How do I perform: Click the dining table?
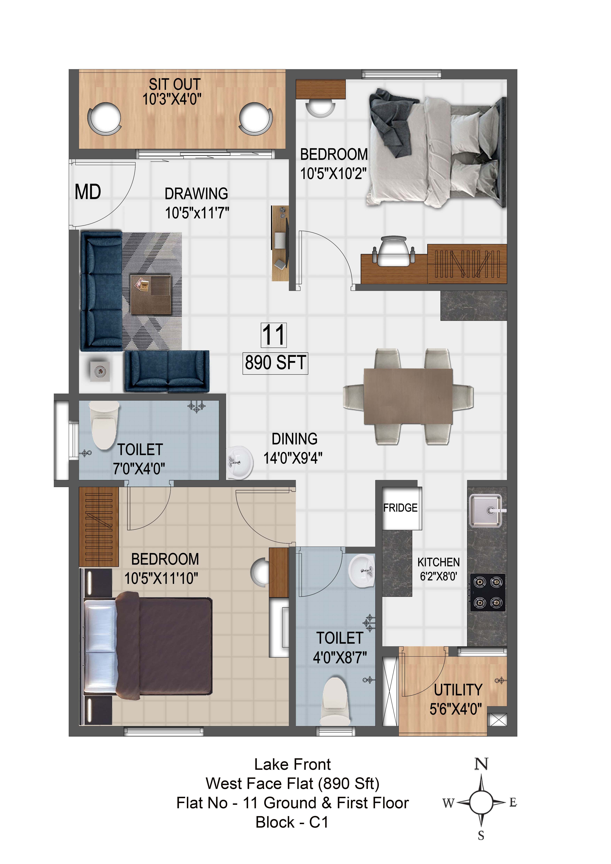click(408, 396)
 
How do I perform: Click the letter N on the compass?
click(481, 764)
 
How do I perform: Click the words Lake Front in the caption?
click(292, 764)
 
